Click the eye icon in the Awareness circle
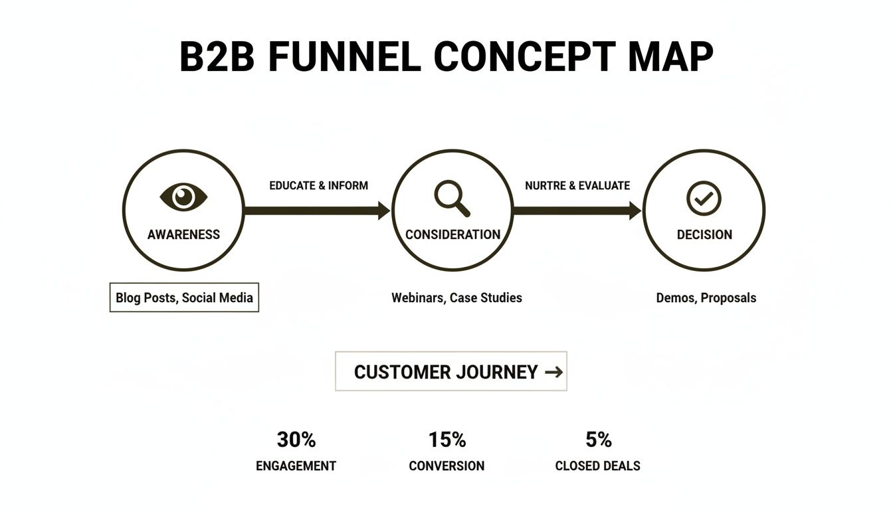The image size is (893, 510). click(x=184, y=197)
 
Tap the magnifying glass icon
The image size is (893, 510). click(x=452, y=198)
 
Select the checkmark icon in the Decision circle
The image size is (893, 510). click(x=704, y=198)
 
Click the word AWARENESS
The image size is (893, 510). click(x=183, y=234)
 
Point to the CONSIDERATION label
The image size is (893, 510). click(x=452, y=234)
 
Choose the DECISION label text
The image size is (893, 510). click(x=704, y=234)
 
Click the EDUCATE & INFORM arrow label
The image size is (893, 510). click(x=318, y=185)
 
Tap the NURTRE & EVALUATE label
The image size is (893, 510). click(x=577, y=185)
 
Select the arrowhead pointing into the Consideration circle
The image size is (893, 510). click(x=384, y=211)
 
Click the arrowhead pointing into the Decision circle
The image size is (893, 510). click(x=635, y=211)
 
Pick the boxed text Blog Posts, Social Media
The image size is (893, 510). click(x=184, y=297)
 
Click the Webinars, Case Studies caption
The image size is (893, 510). click(x=456, y=297)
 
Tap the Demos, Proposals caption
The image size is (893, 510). click(x=706, y=297)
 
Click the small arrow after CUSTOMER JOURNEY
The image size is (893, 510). click(x=553, y=372)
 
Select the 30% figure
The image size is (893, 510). click(x=296, y=440)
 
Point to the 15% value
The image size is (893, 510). click(x=447, y=440)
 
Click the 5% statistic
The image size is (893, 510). click(x=598, y=440)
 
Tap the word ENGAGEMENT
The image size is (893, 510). click(x=296, y=466)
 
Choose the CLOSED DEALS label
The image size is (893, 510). click(x=597, y=466)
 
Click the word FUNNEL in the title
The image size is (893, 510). click(x=344, y=56)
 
